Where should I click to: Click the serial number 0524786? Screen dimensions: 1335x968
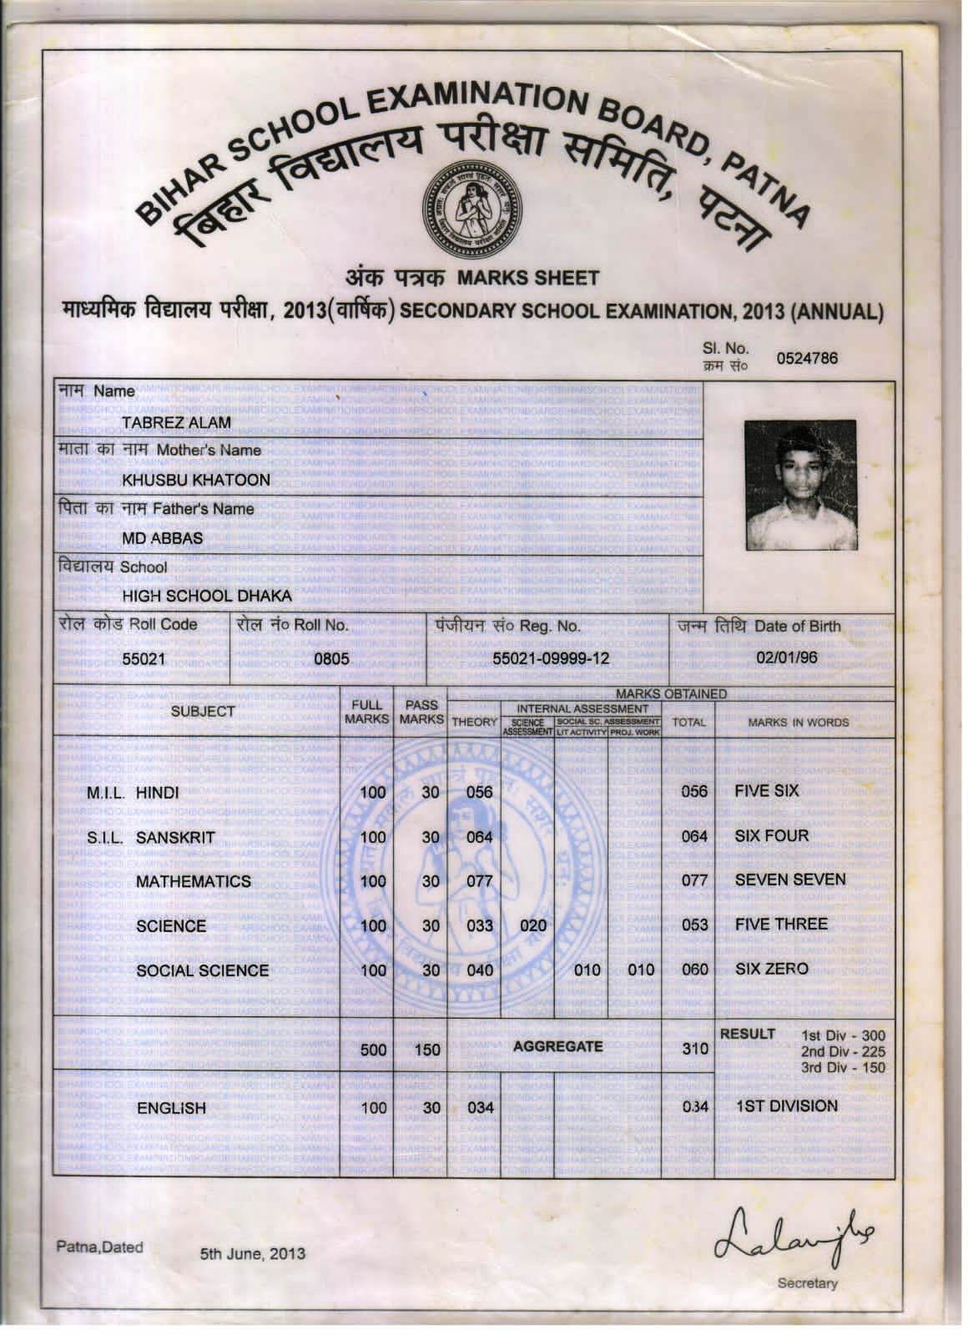click(806, 359)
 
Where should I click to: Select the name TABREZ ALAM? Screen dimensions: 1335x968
click(176, 422)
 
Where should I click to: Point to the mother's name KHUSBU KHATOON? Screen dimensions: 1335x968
click(196, 480)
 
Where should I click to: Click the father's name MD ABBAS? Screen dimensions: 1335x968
click(163, 538)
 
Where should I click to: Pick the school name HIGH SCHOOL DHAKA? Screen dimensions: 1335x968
click(207, 596)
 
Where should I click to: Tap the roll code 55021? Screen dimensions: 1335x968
click(144, 658)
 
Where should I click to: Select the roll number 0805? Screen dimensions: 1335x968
click(330, 659)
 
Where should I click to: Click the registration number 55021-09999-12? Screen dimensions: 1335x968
click(551, 659)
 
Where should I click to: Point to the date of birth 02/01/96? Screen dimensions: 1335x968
click(786, 657)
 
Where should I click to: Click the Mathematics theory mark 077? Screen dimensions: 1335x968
click(479, 881)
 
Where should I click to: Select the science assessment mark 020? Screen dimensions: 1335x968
click(532, 925)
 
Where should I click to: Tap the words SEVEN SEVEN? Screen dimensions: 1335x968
click(789, 880)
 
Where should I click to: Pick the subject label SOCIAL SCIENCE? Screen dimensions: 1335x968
click(202, 970)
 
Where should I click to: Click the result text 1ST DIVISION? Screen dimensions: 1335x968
click(786, 1106)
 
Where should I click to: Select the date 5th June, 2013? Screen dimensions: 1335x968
click(252, 1253)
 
